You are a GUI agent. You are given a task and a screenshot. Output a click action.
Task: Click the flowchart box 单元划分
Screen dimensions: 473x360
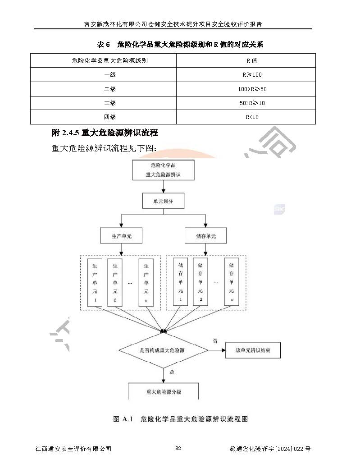[x=163, y=201]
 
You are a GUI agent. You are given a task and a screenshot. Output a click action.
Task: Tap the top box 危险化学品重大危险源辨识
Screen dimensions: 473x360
[x=163, y=170]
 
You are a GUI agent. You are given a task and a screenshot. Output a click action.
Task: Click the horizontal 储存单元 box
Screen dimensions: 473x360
[x=206, y=236]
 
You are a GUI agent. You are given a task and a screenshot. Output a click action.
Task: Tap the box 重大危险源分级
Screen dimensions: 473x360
[x=163, y=391]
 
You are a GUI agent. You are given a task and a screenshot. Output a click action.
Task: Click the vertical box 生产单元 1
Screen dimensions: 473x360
[x=95, y=283]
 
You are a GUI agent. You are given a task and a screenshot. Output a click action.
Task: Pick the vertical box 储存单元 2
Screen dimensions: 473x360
[x=201, y=283]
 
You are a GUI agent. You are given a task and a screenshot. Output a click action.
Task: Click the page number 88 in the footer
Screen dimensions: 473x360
[x=178, y=448]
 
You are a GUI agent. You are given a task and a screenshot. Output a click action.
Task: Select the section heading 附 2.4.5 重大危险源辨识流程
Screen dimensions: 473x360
[x=105, y=133]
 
